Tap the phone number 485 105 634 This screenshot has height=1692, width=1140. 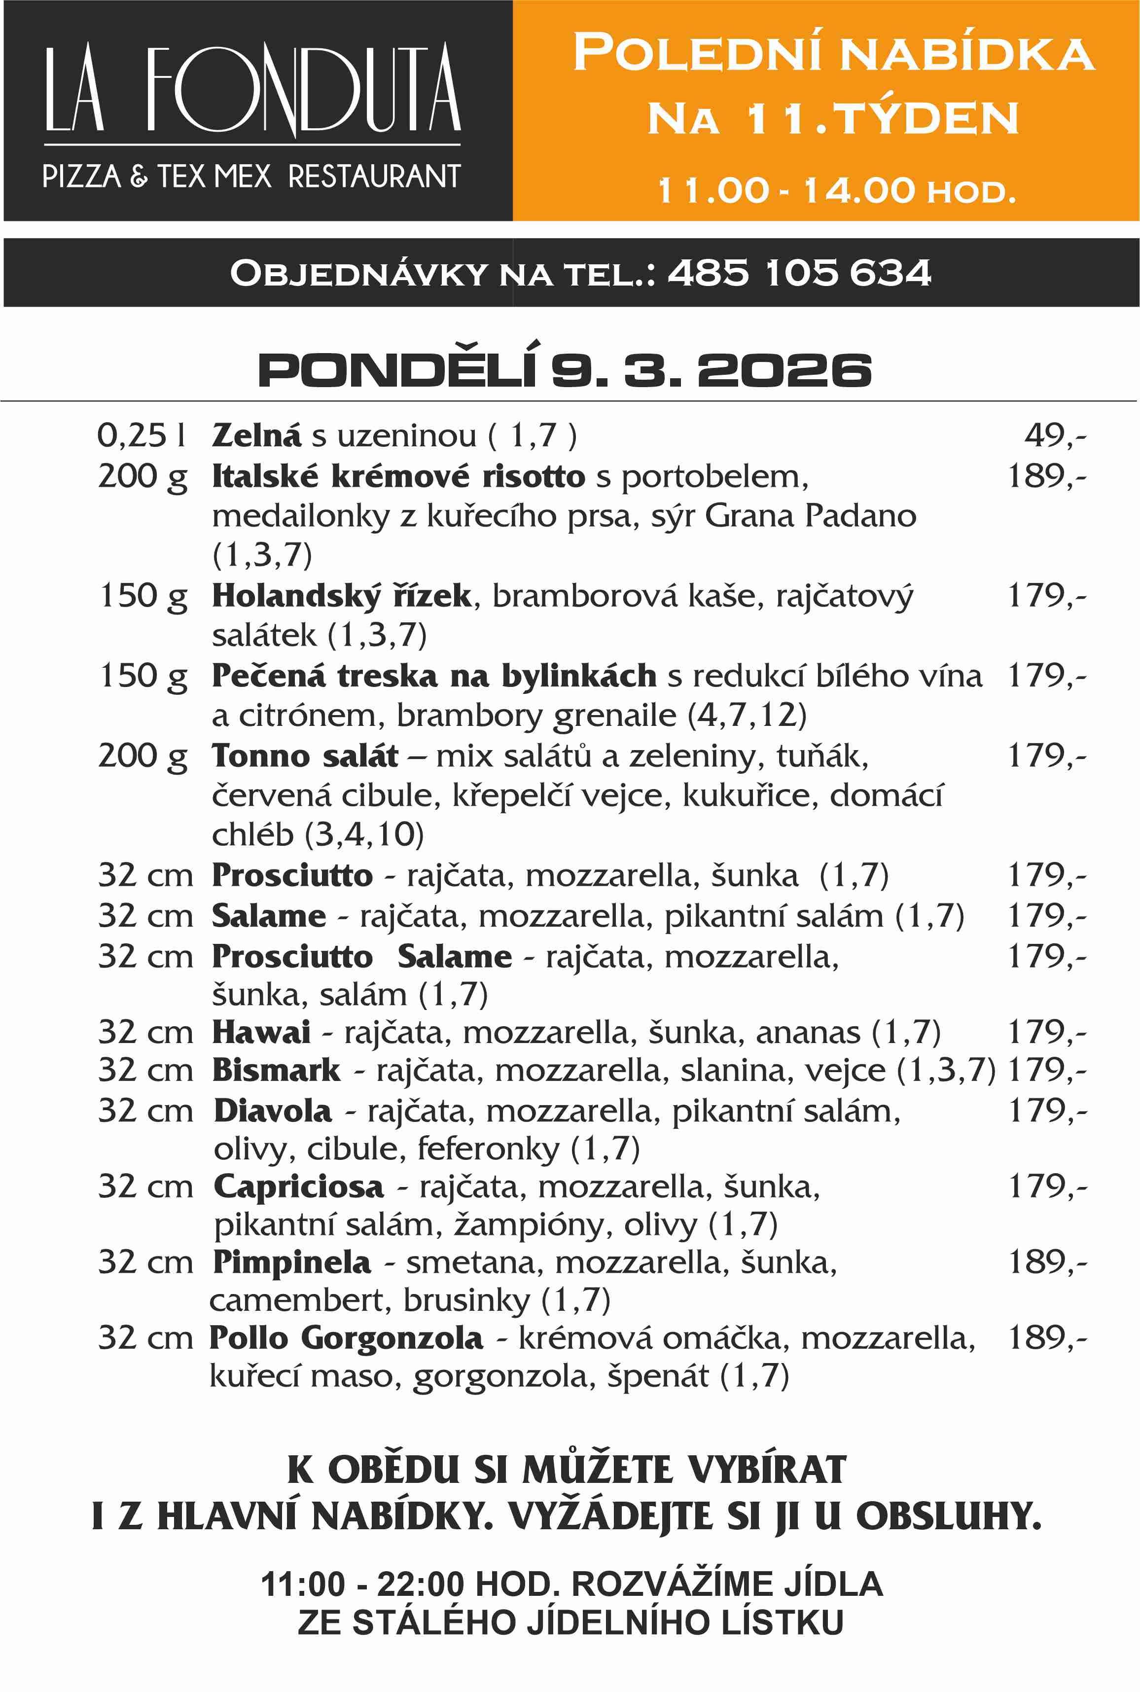799,273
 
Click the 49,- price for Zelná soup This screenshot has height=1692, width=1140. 1055,435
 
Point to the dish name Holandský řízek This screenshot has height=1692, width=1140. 342,596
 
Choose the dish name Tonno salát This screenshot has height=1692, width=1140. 305,756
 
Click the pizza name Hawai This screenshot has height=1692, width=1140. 261,1032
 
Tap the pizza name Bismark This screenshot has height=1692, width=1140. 276,1070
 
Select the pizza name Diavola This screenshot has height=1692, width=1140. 273,1110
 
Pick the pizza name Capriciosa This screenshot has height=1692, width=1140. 298,1186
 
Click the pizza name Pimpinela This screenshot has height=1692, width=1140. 291,1261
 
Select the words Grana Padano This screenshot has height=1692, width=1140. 810,515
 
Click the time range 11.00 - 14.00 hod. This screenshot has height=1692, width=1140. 836,190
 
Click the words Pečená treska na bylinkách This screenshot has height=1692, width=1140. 434,676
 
